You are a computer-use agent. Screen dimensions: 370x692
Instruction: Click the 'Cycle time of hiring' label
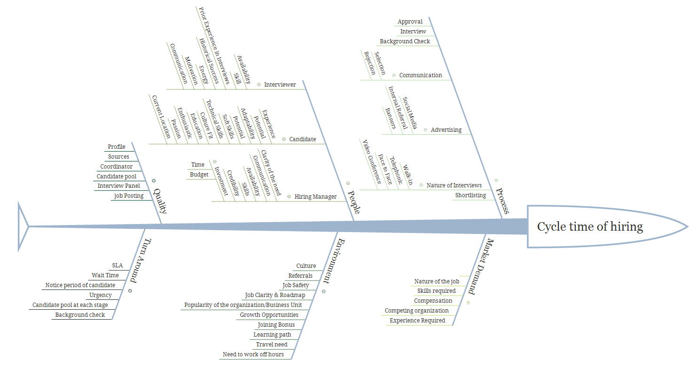[590, 227]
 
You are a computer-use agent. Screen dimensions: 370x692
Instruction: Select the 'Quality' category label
[160, 201]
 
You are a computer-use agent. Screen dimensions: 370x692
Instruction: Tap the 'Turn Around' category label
[140, 260]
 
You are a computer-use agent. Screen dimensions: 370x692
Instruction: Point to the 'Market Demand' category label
[480, 266]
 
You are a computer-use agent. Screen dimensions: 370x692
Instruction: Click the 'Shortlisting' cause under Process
[470, 195]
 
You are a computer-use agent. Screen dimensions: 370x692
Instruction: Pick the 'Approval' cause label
[410, 22]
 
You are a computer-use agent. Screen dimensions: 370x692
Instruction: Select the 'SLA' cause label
[117, 265]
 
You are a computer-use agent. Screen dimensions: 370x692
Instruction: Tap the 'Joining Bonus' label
[276, 325]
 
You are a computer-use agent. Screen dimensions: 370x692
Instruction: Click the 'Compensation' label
[433, 301]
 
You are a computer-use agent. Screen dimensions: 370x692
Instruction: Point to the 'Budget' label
[199, 175]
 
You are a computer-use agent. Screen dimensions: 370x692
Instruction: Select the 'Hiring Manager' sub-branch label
[316, 197]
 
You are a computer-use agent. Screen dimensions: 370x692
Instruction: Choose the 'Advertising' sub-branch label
[446, 130]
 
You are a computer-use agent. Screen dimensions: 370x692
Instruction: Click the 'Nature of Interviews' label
[454, 185]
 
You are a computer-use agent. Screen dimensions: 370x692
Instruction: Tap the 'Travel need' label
[271, 345]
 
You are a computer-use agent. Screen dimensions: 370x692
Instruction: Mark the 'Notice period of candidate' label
[80, 285]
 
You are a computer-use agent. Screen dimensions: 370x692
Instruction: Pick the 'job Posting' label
[128, 196]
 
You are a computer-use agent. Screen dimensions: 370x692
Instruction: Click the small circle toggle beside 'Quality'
[154, 181]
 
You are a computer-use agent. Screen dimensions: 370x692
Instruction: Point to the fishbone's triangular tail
[22, 226]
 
